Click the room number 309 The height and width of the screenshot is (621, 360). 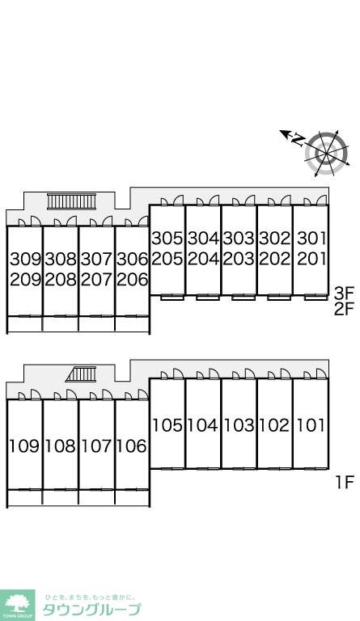coord(26,260)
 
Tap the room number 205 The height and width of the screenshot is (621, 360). coord(167,259)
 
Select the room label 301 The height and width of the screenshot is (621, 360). coord(311,239)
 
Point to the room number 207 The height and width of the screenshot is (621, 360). coord(96,280)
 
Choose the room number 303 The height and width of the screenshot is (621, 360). coord(239,239)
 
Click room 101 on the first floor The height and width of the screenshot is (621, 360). coord(311,425)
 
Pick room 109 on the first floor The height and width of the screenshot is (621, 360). coord(24,446)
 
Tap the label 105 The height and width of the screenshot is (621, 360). coord(167,425)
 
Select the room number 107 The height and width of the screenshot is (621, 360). coord(96,446)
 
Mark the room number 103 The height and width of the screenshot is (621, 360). coord(239,425)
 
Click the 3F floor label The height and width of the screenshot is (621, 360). coord(343,294)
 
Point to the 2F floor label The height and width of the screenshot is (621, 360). coord(343,309)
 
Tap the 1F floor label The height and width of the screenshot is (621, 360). coord(344,483)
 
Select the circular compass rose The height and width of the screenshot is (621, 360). coord(327,154)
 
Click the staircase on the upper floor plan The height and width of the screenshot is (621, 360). coord(72,201)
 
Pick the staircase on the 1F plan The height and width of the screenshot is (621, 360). coord(82,374)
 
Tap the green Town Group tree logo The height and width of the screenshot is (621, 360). coord(18,605)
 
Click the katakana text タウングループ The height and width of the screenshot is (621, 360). coord(91,610)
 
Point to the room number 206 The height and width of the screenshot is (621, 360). coord(133,280)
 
